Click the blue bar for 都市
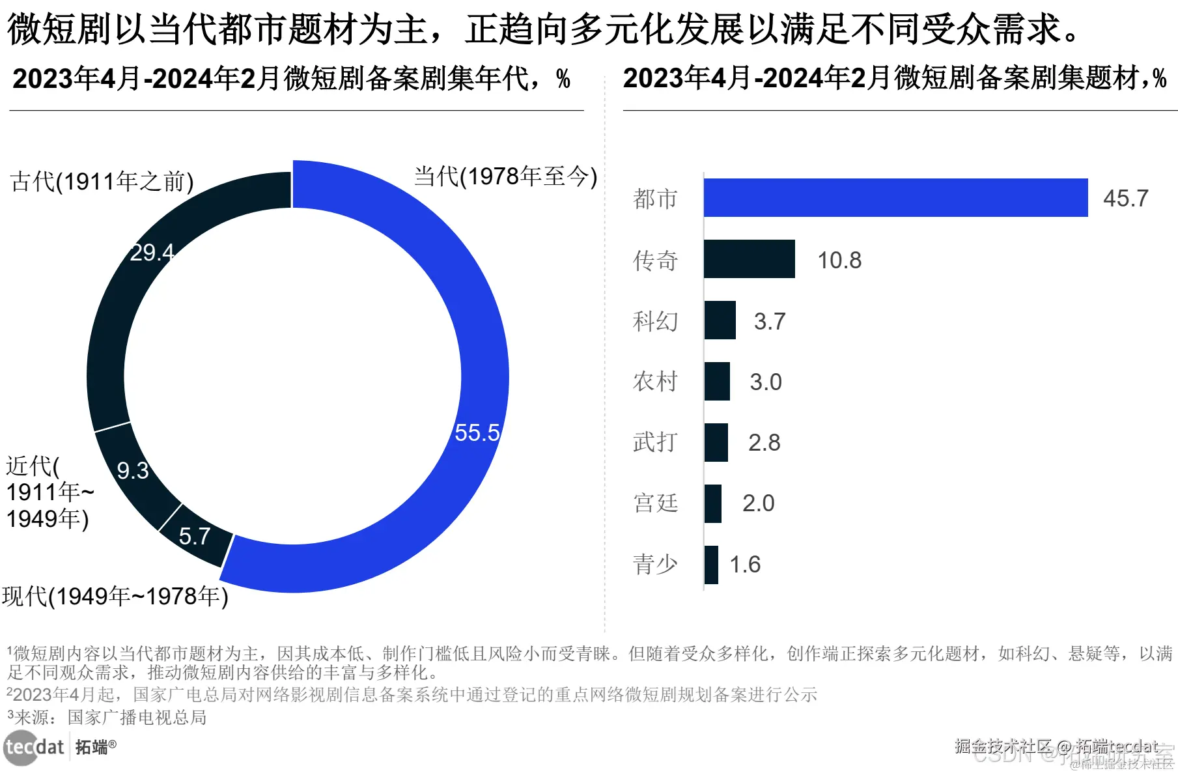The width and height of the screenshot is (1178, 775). (x=895, y=197)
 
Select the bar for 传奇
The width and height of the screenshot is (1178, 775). (x=749, y=259)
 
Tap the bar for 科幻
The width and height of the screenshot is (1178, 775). (x=720, y=320)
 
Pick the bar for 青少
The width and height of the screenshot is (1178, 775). (x=711, y=565)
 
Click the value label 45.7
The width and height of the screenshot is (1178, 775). (x=1125, y=198)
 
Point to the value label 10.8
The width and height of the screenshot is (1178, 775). (x=839, y=261)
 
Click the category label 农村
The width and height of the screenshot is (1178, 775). (x=655, y=382)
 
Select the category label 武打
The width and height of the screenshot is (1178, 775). (x=655, y=443)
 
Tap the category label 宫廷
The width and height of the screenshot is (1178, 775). (x=655, y=503)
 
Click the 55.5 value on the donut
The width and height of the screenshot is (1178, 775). (x=477, y=432)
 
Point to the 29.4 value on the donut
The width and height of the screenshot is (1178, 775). (x=152, y=252)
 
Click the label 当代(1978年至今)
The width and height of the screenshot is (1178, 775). (x=505, y=176)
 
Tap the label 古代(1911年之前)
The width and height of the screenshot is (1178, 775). (x=102, y=181)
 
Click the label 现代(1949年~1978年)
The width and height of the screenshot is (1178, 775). (x=115, y=596)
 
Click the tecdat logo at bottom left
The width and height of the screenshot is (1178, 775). (x=35, y=747)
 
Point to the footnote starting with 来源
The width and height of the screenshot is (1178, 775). (x=107, y=717)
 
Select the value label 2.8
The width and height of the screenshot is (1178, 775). (x=764, y=443)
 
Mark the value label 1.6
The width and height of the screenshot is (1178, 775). (x=744, y=565)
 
